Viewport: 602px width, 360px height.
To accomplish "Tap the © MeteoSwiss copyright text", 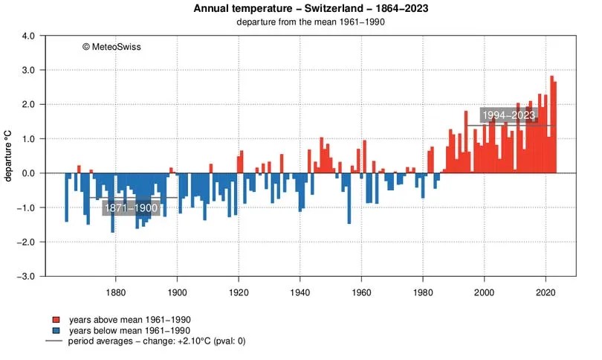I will [x=111, y=46].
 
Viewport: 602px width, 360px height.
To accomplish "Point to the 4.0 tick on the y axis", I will [x=28, y=36].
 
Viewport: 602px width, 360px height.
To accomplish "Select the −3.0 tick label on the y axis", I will [x=27, y=276].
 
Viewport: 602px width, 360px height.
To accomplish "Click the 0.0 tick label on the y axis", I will [x=28, y=173].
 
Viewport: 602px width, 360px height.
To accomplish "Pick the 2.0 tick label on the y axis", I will [x=28, y=104].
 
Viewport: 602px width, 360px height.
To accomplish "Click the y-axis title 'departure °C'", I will [x=9, y=156].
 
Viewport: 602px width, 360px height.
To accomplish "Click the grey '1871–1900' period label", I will [x=130, y=208].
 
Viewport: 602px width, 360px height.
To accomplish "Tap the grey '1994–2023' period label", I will [x=508, y=115].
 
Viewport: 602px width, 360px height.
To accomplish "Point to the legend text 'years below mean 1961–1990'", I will [x=129, y=330].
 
